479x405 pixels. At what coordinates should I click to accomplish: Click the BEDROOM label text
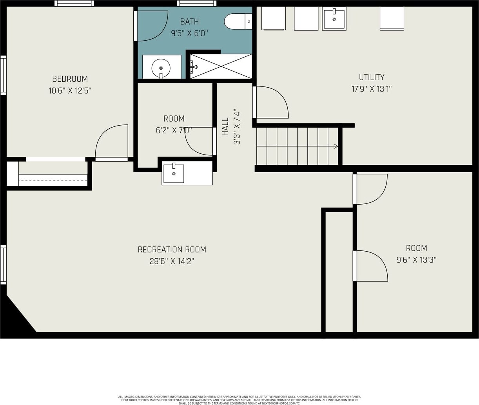coord(70,79)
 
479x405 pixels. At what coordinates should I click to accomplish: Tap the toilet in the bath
coord(238,22)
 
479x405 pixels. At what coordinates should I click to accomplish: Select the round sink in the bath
coord(161,68)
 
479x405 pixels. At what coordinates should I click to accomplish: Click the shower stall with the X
coord(221,67)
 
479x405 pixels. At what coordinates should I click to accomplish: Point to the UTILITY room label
coord(372,77)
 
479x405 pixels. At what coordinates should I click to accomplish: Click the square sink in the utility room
coord(334,18)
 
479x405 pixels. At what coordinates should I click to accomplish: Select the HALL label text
coord(225,127)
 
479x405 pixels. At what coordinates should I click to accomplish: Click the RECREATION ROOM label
coord(172,250)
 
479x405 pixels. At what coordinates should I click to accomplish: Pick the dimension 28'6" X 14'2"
coord(172,261)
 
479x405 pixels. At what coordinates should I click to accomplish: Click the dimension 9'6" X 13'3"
coord(416,260)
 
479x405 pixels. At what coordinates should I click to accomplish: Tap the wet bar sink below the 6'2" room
coord(174,173)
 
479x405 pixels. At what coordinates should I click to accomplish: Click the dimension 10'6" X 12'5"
coord(70,91)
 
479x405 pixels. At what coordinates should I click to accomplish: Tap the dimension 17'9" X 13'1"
coord(372,89)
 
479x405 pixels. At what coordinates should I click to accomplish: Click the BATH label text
coord(190,22)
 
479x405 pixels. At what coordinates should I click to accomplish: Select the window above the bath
coord(196,3)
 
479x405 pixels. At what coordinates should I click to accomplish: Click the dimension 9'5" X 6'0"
coord(190,34)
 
